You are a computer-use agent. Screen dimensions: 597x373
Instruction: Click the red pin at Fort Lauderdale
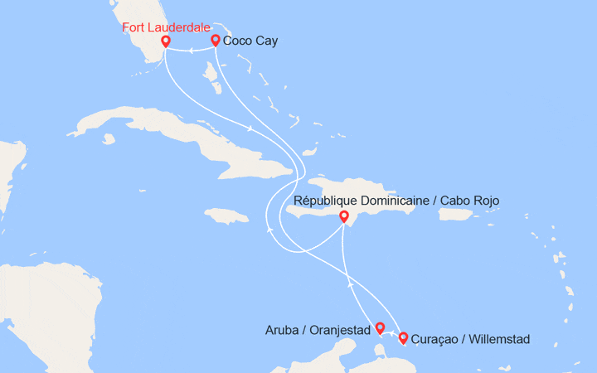(x=165, y=41)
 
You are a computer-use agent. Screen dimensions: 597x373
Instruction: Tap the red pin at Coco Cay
(x=216, y=40)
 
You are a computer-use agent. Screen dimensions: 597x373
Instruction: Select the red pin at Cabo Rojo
(x=344, y=216)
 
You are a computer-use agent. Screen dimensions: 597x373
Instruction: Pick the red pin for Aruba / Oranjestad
(x=380, y=327)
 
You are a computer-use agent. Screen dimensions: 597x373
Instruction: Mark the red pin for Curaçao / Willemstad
(x=404, y=337)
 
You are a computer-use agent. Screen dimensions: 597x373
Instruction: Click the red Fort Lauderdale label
(x=166, y=27)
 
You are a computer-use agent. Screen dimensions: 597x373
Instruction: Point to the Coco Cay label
(x=250, y=39)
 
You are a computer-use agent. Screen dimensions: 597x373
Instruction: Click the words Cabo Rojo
(x=469, y=201)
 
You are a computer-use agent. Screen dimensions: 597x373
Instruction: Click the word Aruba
(x=280, y=330)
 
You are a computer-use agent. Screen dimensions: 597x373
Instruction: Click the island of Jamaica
(x=226, y=216)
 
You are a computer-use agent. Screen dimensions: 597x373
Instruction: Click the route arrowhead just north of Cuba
(x=250, y=128)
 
